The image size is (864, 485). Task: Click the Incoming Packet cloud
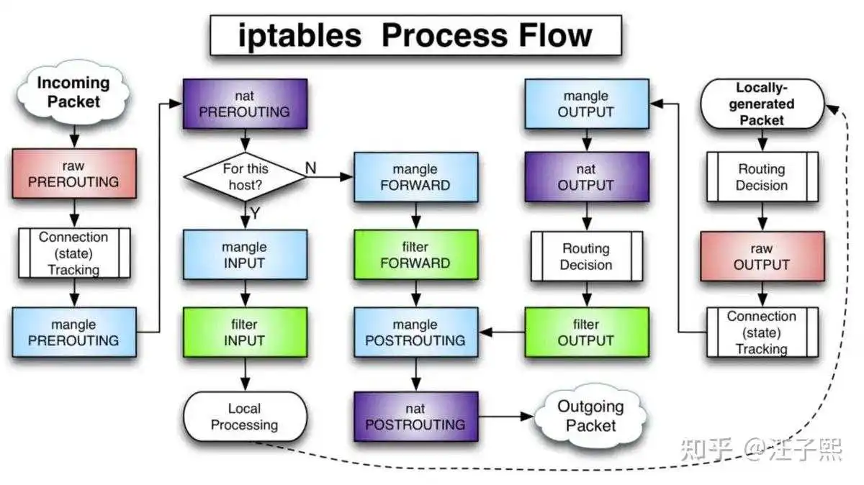click(73, 92)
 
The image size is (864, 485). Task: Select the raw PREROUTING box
click(74, 173)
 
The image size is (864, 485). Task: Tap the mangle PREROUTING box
click(74, 332)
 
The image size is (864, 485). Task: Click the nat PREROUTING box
click(246, 104)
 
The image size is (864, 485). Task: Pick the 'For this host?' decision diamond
click(246, 176)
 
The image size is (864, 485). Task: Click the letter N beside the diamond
click(310, 168)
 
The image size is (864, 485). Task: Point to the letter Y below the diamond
click(255, 213)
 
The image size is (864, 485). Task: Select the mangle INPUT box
click(246, 255)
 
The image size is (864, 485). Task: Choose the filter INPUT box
click(246, 332)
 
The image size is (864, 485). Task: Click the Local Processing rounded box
click(246, 417)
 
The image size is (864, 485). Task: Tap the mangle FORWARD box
click(416, 177)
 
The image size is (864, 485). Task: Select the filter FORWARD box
click(416, 255)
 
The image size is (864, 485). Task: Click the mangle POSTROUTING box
click(416, 332)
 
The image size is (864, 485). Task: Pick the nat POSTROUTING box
click(416, 417)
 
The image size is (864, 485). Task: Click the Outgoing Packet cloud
click(590, 416)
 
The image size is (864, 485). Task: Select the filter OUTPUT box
click(587, 332)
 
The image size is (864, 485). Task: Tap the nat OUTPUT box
click(587, 177)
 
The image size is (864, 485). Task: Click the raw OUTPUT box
click(762, 256)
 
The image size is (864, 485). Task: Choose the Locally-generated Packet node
click(762, 104)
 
